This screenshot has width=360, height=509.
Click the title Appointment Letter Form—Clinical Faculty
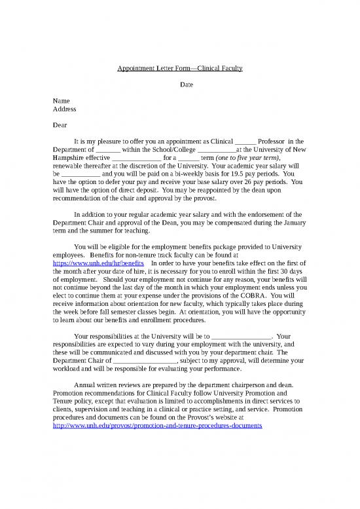pyautogui.click(x=179, y=68)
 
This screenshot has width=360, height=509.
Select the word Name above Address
pyautogui.click(x=61, y=101)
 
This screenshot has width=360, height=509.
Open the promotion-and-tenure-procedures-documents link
pyautogui.click(x=157, y=425)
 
